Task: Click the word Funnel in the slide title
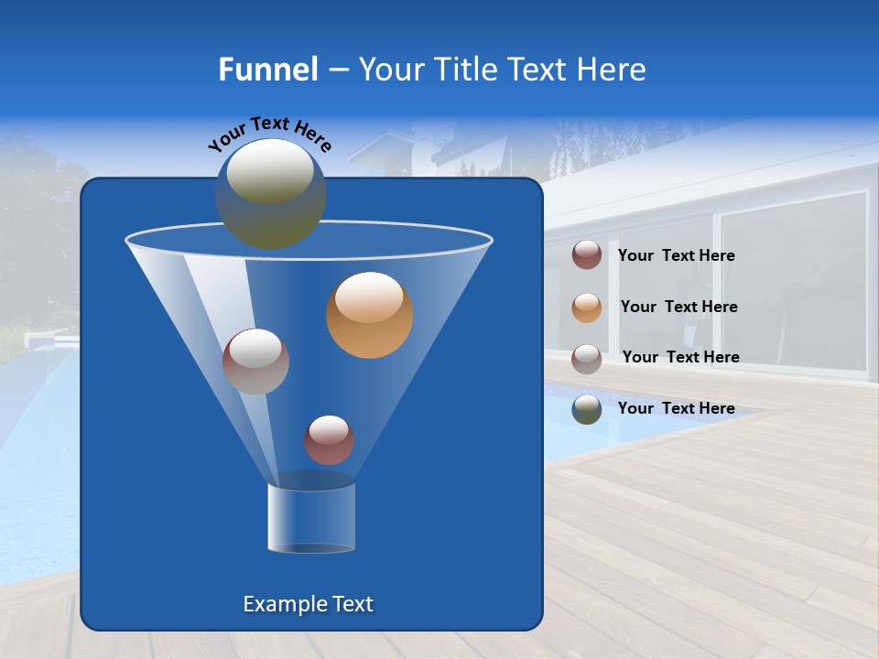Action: coord(267,70)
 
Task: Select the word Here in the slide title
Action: coord(611,70)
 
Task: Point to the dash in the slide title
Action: coord(337,70)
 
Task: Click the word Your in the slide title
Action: coord(391,70)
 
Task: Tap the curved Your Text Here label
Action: coord(268,135)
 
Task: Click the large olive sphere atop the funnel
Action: coord(271,193)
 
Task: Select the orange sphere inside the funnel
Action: coord(370,315)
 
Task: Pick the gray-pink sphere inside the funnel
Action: coord(255,362)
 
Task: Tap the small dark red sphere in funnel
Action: coord(329,440)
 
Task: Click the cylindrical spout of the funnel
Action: coord(311,517)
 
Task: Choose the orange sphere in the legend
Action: coord(587,308)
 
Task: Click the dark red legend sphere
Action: coord(587,255)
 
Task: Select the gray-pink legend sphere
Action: coord(587,358)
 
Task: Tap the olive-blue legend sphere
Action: coord(587,409)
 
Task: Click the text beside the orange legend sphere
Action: coord(678,308)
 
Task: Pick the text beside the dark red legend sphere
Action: coord(676,256)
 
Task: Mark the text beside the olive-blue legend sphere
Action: coord(676,408)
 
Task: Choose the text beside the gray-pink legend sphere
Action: coord(680,357)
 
